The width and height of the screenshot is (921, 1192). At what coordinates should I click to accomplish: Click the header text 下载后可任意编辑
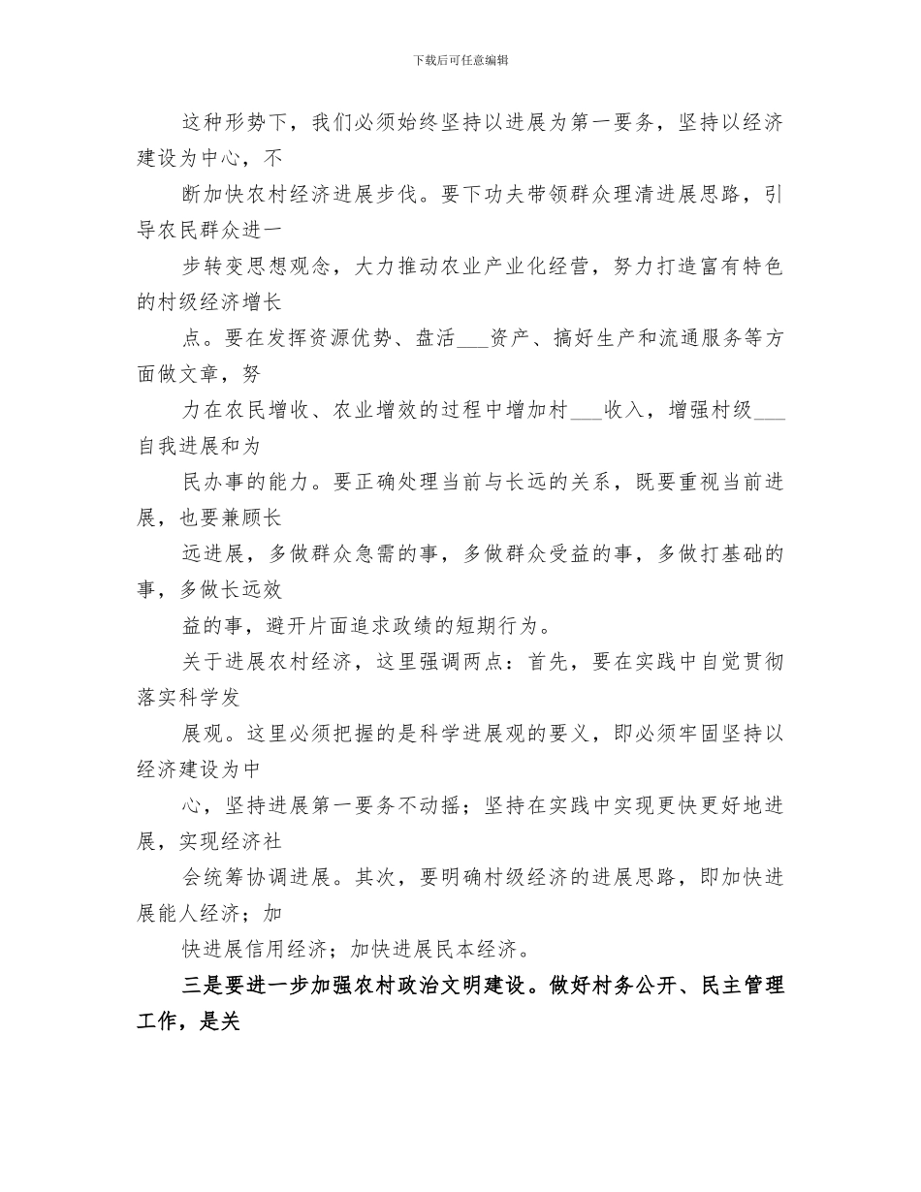pyautogui.click(x=460, y=60)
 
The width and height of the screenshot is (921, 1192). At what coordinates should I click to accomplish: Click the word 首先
pyautogui.click(x=555, y=661)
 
